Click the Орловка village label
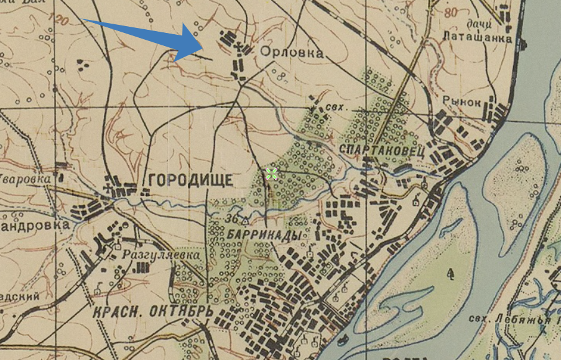[292, 53]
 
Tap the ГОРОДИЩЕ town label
[190, 180]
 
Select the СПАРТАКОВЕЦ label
[382, 150]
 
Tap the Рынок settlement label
[462, 103]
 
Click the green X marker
[271, 173]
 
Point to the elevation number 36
[233, 219]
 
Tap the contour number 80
[451, 12]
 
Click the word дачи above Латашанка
[479, 24]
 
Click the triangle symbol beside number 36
[245, 219]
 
